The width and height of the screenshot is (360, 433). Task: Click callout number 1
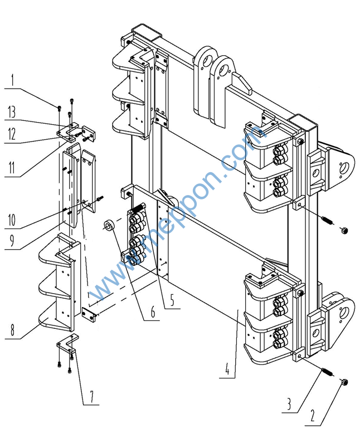point(12,80)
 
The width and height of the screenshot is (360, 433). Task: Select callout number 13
point(12,112)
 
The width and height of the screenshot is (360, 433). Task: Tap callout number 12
point(12,134)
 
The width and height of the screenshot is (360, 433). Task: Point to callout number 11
point(12,167)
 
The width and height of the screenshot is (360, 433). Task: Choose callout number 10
point(12,220)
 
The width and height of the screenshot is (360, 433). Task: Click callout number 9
point(12,241)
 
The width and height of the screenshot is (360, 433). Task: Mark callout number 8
point(12,330)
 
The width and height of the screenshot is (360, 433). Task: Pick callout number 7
point(91,396)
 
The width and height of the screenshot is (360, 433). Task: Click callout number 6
point(153,312)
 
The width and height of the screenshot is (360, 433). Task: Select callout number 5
point(172,300)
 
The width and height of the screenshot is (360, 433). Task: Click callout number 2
point(313,416)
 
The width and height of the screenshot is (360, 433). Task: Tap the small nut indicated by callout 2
point(344,382)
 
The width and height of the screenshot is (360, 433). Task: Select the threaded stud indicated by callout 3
point(327,372)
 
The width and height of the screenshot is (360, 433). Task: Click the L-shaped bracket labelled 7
point(67,343)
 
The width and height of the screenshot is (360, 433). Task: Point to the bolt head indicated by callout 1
point(60,108)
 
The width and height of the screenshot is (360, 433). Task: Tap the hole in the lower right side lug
point(346,313)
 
